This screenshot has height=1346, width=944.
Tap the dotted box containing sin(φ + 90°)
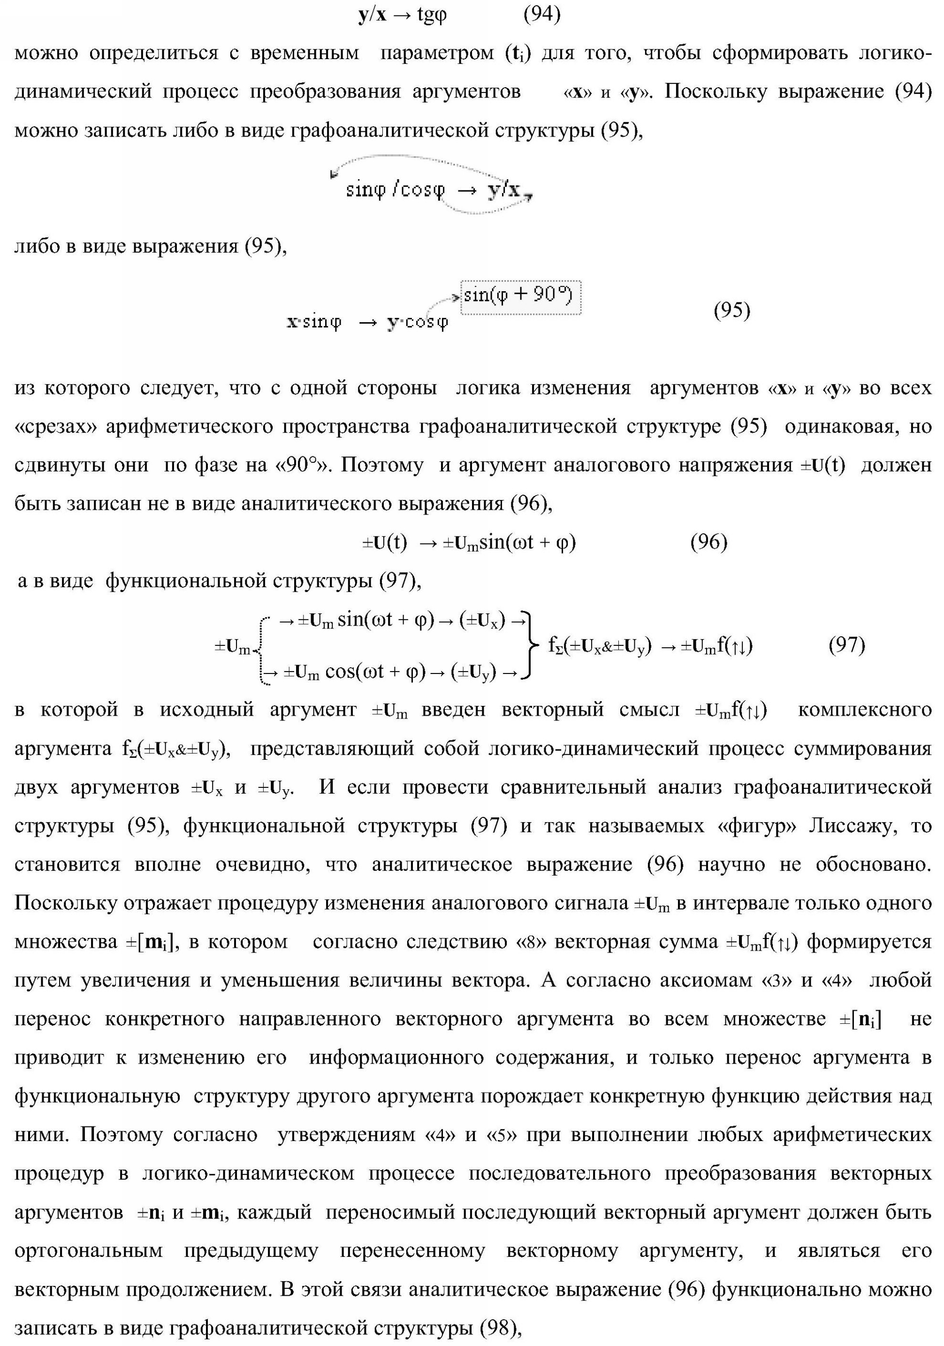(520, 297)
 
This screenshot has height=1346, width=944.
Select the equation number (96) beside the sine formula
(708, 542)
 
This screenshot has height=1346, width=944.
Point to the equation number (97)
(847, 645)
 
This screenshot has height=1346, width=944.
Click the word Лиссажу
(852, 826)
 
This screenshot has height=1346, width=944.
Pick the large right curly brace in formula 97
(530, 645)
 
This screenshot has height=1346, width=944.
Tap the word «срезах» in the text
(55, 427)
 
